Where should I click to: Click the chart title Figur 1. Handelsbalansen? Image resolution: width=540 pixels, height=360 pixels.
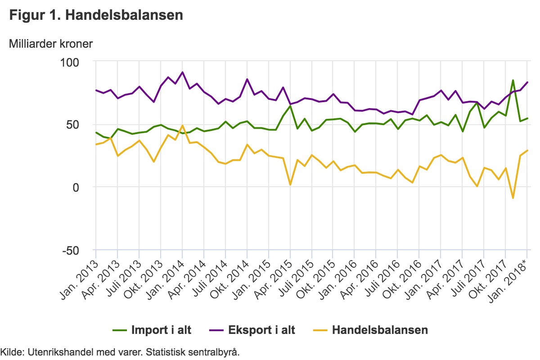pyautogui.click(x=96, y=15)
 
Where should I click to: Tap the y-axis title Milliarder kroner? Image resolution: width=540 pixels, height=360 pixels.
pyautogui.click(x=51, y=44)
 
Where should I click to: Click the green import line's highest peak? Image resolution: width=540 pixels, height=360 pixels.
pyautogui.click(x=513, y=81)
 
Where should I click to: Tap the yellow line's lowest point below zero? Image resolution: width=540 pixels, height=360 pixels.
pyautogui.click(x=513, y=198)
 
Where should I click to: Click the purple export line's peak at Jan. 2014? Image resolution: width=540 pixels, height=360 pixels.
pyautogui.click(x=182, y=72)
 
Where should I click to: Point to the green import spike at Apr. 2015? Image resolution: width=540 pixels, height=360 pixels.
pyautogui.click(x=290, y=105)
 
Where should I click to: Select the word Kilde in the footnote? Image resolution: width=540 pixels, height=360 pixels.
pyautogui.click(x=10, y=352)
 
